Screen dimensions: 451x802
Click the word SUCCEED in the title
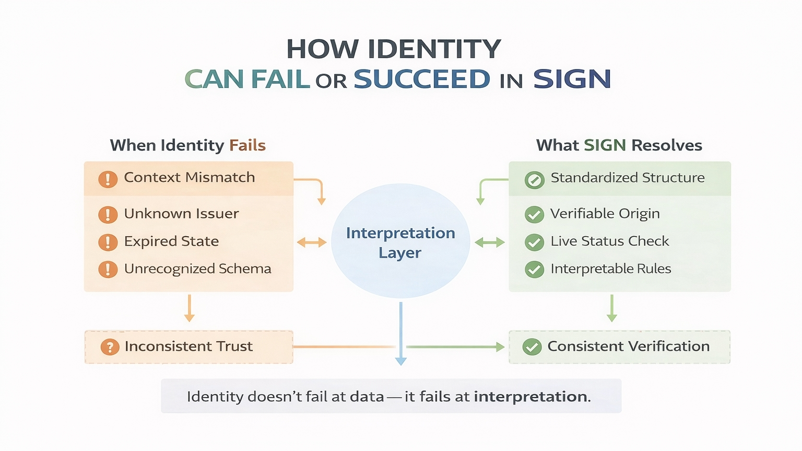pos(422,79)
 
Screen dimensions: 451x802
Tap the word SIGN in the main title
pos(572,79)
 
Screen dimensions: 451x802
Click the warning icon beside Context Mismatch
pos(108,179)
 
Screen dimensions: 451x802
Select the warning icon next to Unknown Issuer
pos(108,214)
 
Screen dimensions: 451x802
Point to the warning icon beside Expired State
pos(108,242)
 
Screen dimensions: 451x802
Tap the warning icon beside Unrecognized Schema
pos(108,269)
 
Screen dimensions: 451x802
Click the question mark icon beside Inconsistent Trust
pos(110,347)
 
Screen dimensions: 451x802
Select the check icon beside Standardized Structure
pos(534,180)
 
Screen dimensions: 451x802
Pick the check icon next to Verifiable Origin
pos(534,214)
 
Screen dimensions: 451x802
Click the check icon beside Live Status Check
pos(534,242)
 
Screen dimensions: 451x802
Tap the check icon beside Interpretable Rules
pos(534,269)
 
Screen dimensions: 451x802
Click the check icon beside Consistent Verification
pos(532,347)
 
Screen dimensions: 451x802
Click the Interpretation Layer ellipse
pos(400,241)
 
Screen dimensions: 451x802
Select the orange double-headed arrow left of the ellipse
pos(312,242)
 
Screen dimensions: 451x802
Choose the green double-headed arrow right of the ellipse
pos(490,242)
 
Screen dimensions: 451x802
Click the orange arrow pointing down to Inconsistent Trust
pos(189,308)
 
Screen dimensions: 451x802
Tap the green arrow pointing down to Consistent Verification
pos(611,308)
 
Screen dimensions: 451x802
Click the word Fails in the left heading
pos(247,145)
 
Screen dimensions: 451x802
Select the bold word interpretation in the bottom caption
pos(530,397)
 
